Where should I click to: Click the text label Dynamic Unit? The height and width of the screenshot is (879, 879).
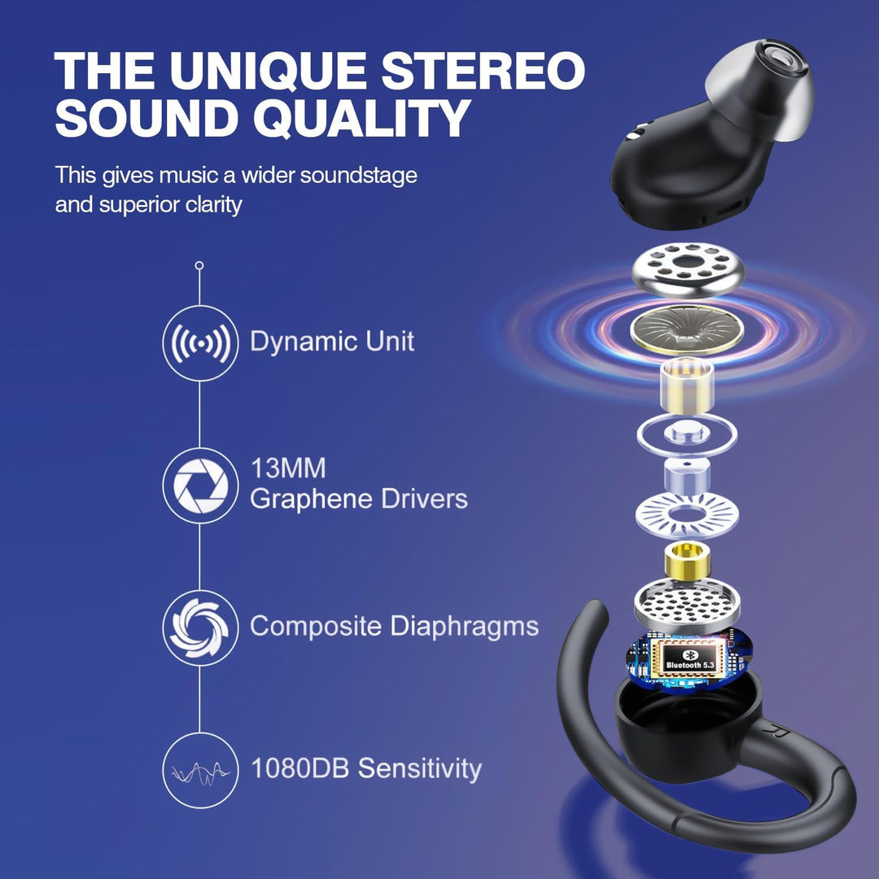point(332,342)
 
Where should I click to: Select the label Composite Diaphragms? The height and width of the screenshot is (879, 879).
point(394,627)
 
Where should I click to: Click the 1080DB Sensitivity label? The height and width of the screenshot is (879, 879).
point(366,768)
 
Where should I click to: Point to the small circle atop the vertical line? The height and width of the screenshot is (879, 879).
point(199,265)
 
